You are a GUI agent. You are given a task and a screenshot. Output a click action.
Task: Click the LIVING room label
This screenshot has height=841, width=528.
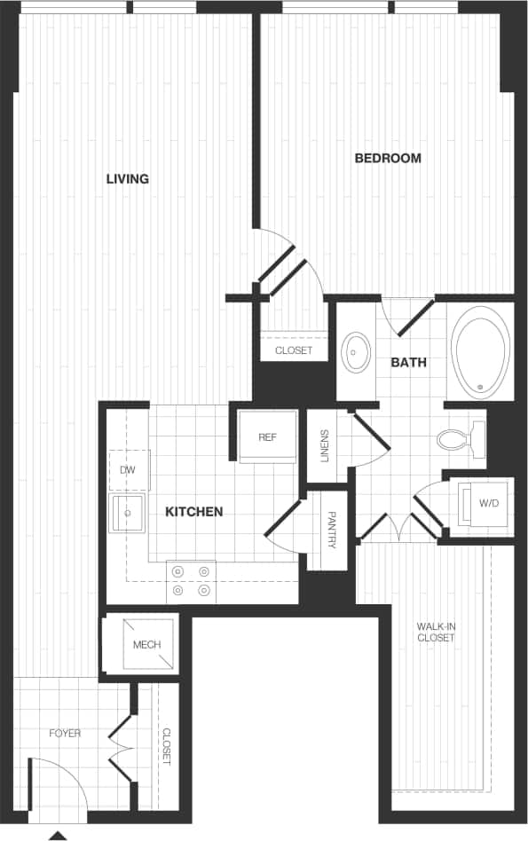click(x=127, y=179)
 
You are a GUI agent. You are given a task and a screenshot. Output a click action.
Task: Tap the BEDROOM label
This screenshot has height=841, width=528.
click(x=388, y=159)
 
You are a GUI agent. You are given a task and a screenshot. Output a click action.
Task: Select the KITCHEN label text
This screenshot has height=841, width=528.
click(x=194, y=512)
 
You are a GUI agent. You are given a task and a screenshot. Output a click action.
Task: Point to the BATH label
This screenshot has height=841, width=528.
click(x=408, y=362)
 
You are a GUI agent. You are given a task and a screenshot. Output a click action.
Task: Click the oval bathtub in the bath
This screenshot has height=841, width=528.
click(x=481, y=350)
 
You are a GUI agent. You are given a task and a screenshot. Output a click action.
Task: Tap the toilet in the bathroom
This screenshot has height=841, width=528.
click(x=461, y=438)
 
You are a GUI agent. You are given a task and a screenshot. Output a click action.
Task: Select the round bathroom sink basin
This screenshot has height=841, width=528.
click(x=358, y=352)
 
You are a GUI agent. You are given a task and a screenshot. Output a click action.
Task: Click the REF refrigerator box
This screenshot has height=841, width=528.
click(x=268, y=437)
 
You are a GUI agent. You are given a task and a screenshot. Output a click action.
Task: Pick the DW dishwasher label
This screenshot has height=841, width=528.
click(x=127, y=469)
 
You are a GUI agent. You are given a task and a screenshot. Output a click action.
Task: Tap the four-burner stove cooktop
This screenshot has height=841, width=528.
click(x=192, y=581)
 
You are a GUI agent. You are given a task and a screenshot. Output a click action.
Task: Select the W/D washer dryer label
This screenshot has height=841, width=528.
click(x=489, y=503)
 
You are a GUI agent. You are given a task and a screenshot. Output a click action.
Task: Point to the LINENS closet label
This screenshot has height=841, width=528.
click(x=325, y=446)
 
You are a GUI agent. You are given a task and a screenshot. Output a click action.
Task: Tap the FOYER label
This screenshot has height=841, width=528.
click(x=65, y=734)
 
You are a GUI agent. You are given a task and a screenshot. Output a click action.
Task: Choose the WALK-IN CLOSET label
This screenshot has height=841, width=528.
click(x=436, y=632)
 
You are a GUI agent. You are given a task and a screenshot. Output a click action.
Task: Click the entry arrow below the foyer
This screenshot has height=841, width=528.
click(x=58, y=834)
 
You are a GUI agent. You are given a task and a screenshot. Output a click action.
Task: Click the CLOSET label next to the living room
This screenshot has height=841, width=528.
click(x=293, y=350)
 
